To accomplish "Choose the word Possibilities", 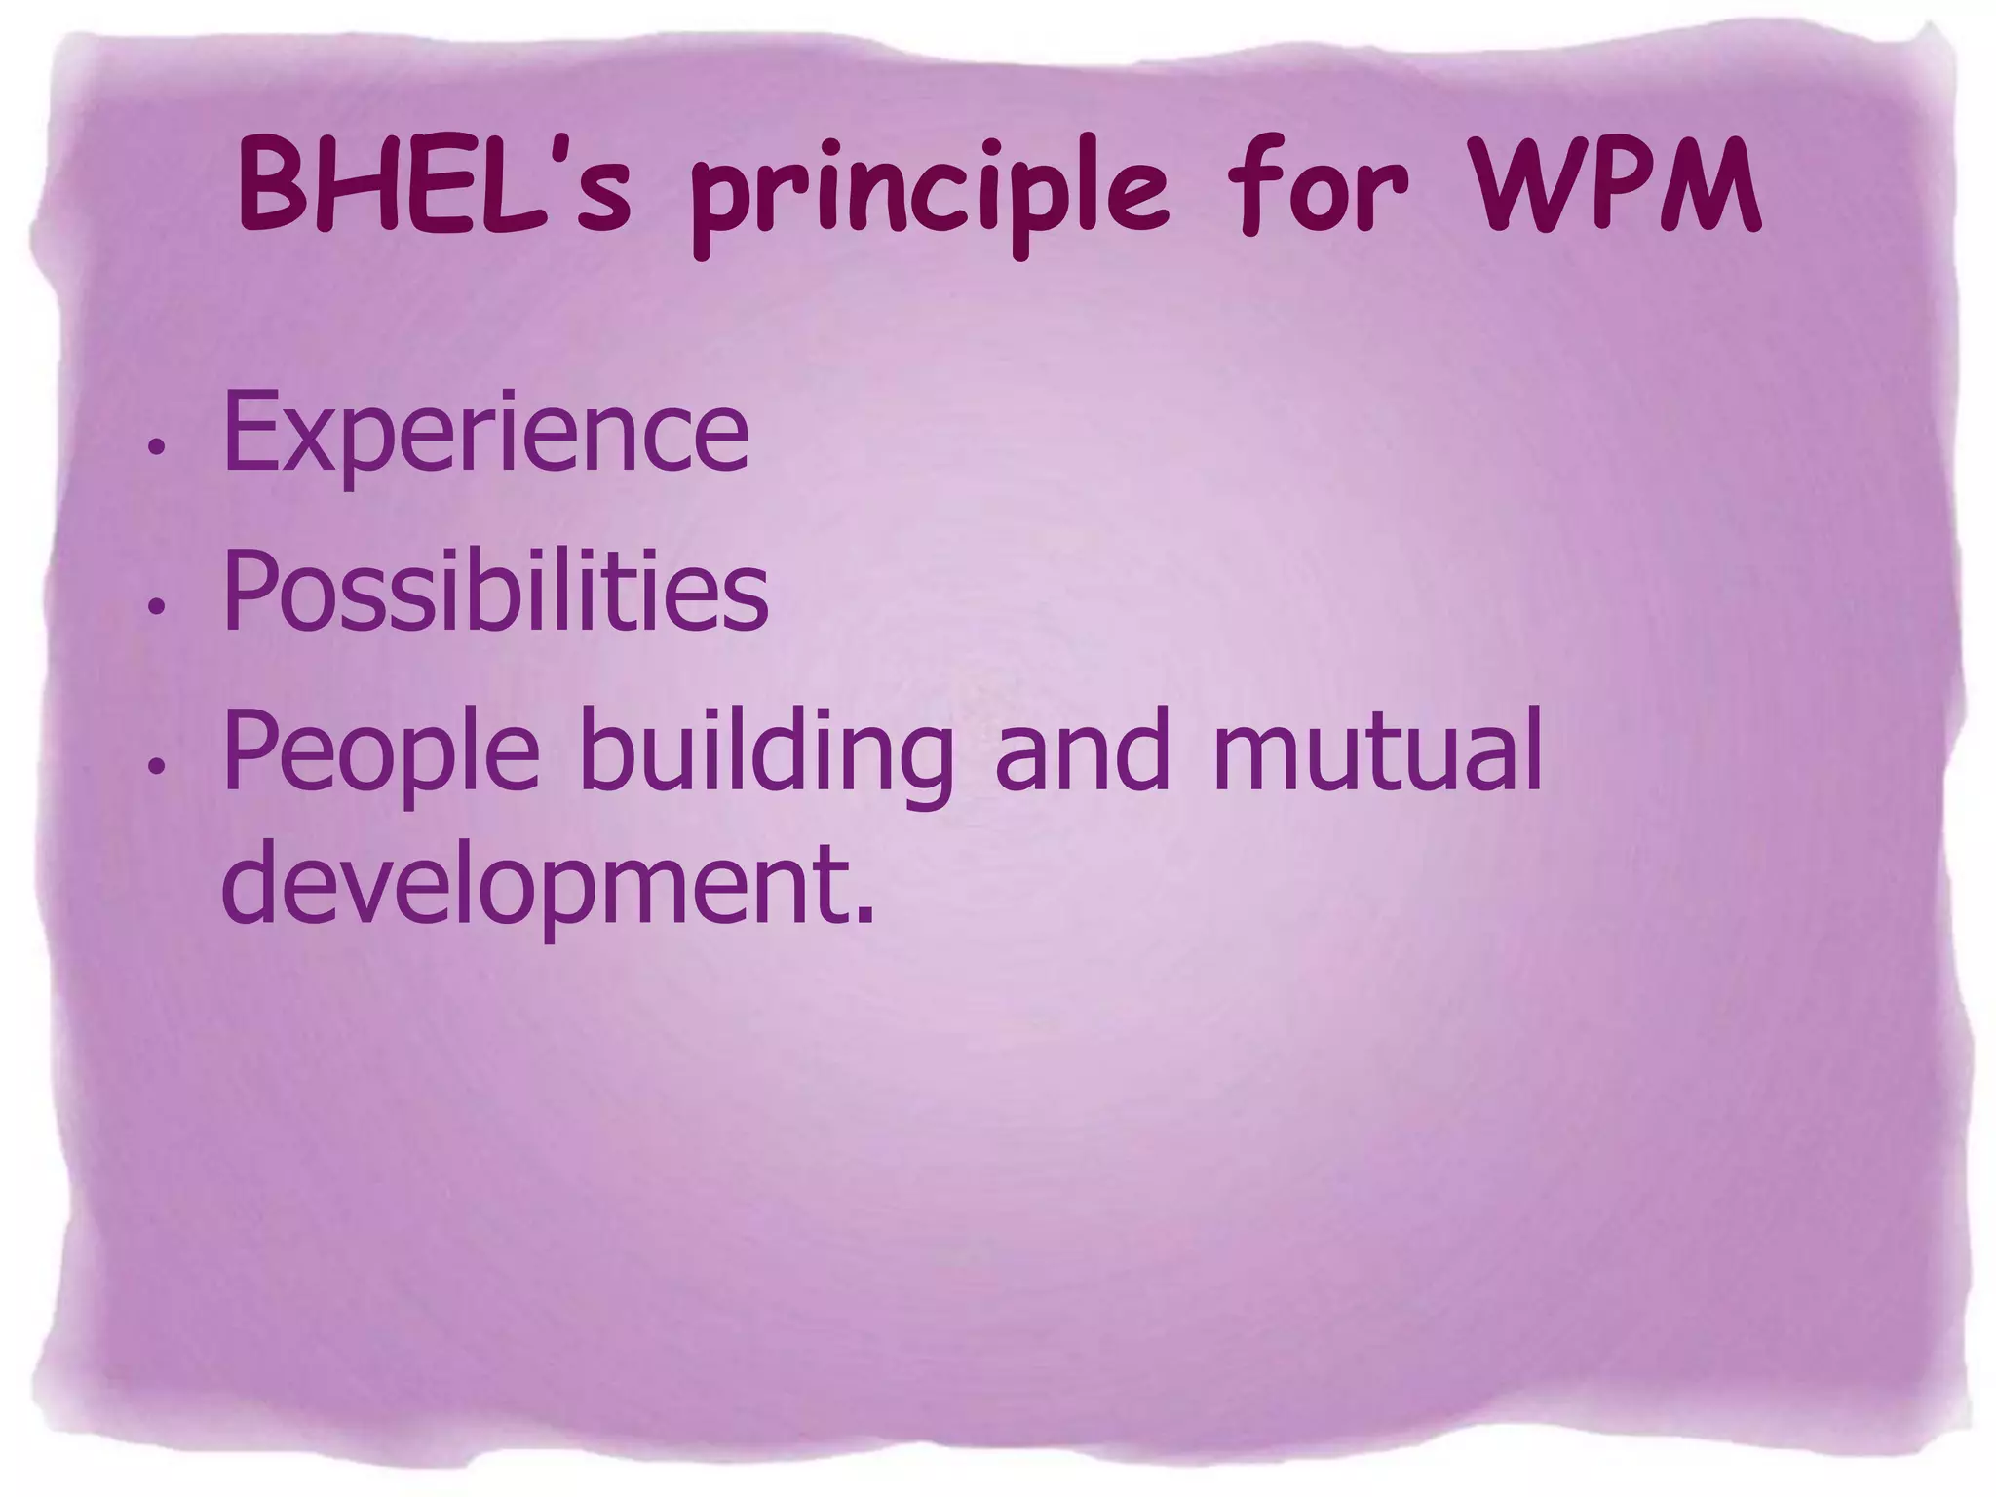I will coord(495,591).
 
